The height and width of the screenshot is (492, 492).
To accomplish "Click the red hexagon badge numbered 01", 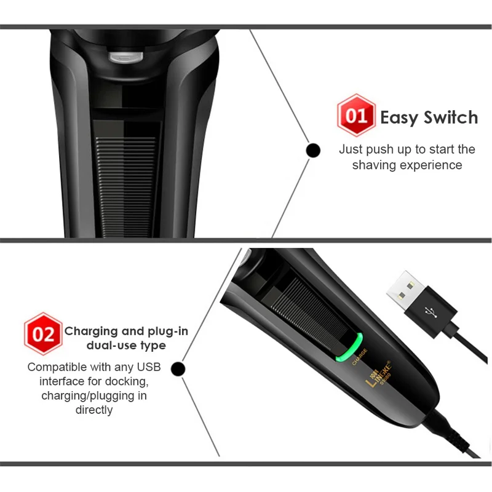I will point(356,116).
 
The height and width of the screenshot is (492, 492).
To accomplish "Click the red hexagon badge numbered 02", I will point(43,335).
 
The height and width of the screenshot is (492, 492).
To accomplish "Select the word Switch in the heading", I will point(452,117).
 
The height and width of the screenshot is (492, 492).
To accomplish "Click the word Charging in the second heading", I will point(94,331).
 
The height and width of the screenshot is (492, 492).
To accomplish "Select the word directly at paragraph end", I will point(94,410).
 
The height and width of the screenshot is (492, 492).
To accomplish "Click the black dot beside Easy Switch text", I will point(313,149).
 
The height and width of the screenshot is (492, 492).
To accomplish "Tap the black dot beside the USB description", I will point(178,368).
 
